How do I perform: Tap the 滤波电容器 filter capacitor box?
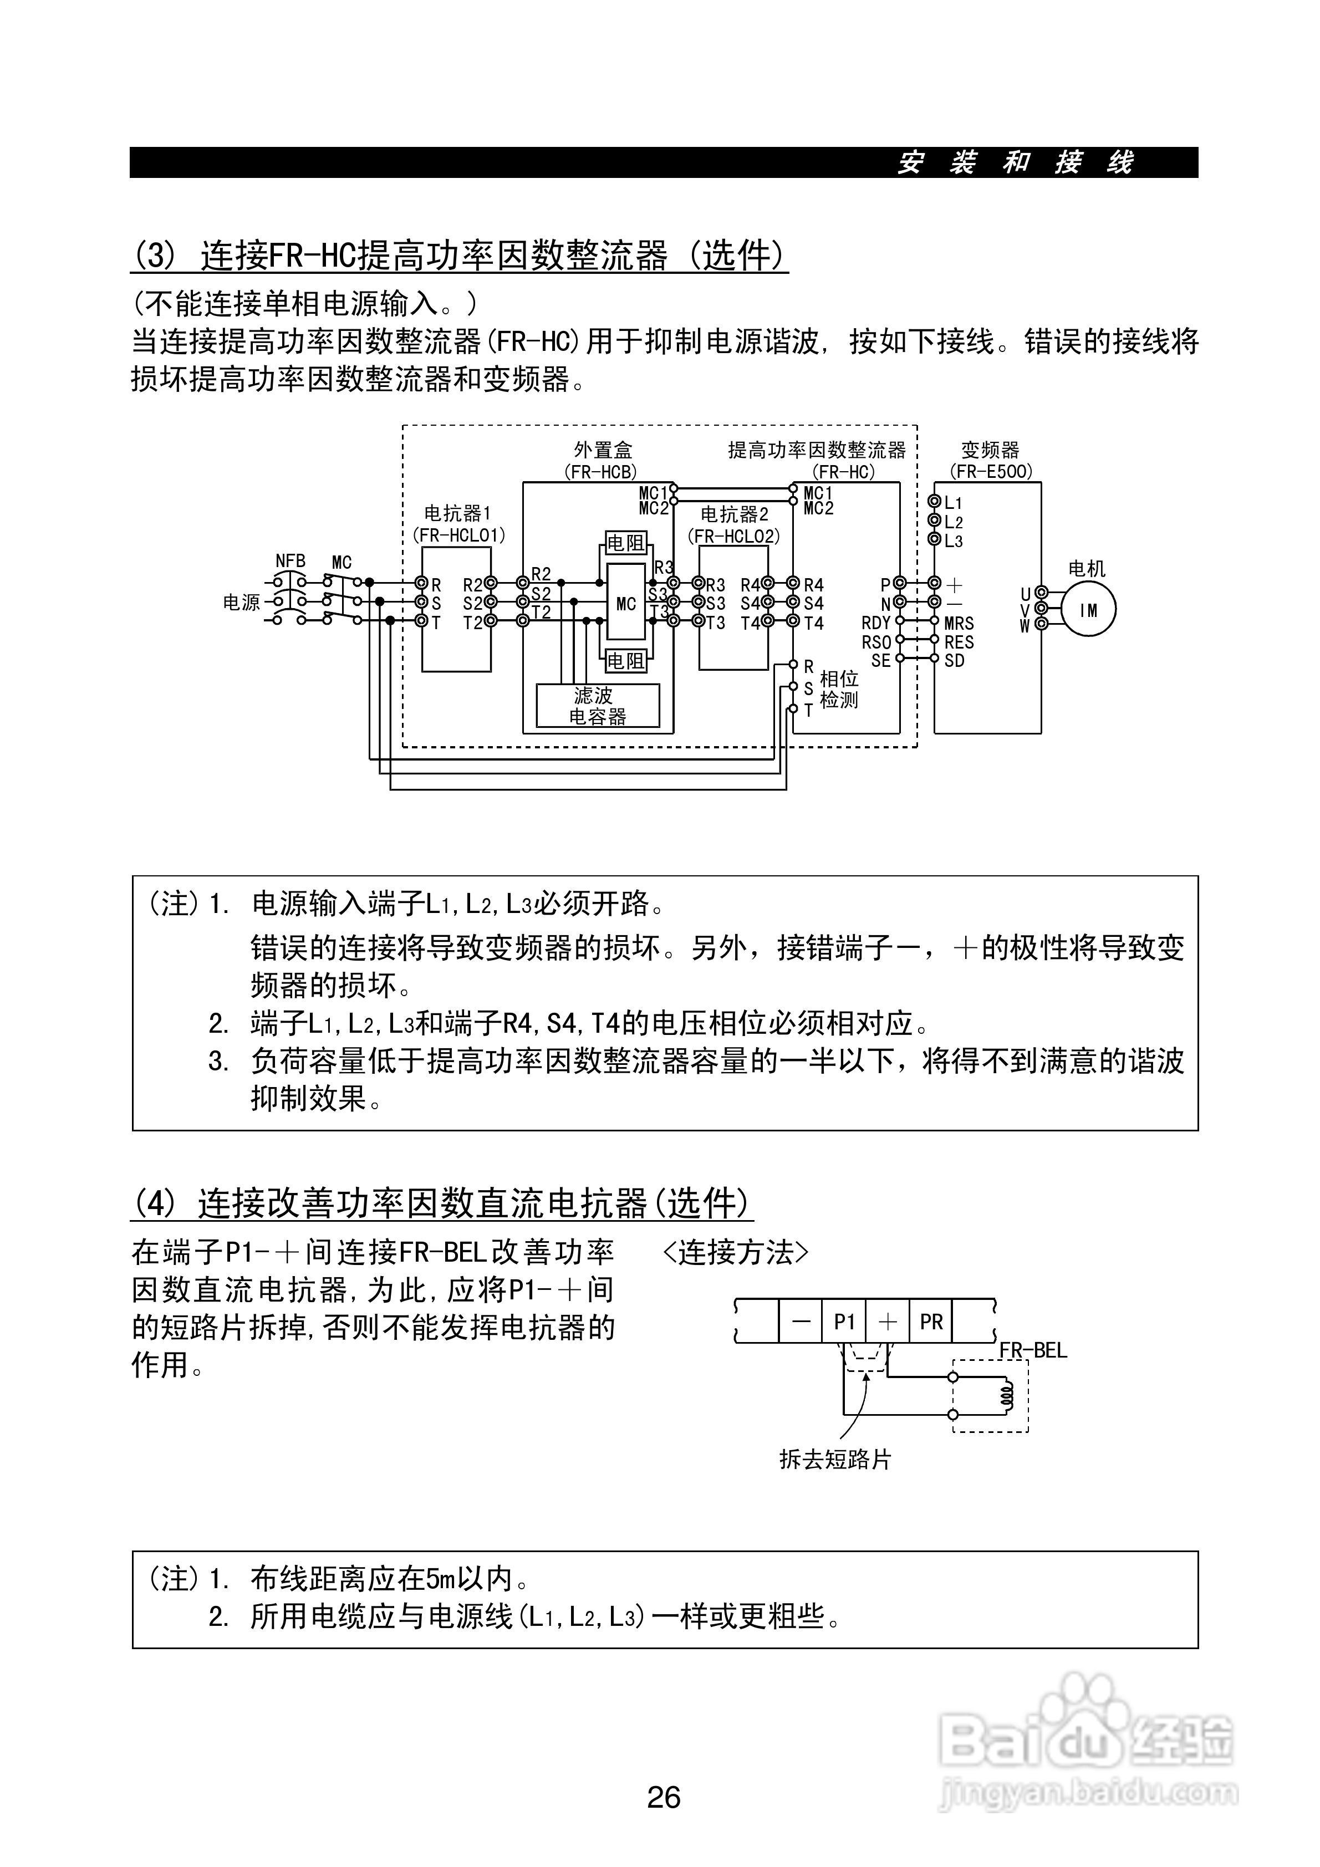[598, 706]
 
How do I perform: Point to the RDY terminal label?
[876, 623]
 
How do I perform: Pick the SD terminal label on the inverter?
[954, 660]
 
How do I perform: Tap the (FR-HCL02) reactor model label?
[733, 536]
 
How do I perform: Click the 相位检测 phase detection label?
[839, 688]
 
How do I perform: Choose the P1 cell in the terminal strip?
[844, 1322]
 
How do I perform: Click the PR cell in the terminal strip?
[931, 1322]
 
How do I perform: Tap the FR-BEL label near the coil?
[1032, 1351]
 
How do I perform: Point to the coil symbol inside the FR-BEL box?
[1007, 1395]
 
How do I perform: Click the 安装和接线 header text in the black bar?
[1015, 162]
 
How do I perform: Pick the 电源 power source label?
[242, 603]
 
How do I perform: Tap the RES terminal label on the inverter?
[959, 641]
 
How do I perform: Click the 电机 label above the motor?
[1087, 568]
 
